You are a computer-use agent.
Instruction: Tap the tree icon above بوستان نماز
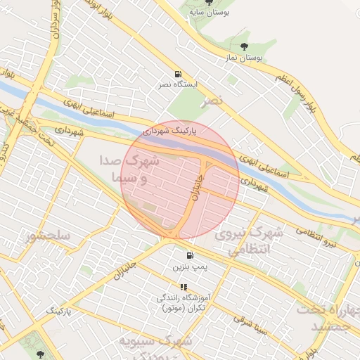click(x=243, y=46)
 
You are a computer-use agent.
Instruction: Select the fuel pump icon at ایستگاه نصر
click(x=176, y=74)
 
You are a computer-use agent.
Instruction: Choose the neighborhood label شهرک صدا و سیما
click(x=131, y=169)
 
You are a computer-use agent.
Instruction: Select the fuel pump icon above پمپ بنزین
click(x=190, y=256)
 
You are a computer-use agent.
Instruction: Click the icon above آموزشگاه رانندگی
click(x=183, y=287)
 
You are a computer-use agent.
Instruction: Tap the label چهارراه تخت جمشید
click(x=326, y=316)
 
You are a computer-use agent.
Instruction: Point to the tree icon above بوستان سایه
click(x=207, y=3)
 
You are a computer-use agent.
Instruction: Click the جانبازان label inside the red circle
click(x=198, y=187)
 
